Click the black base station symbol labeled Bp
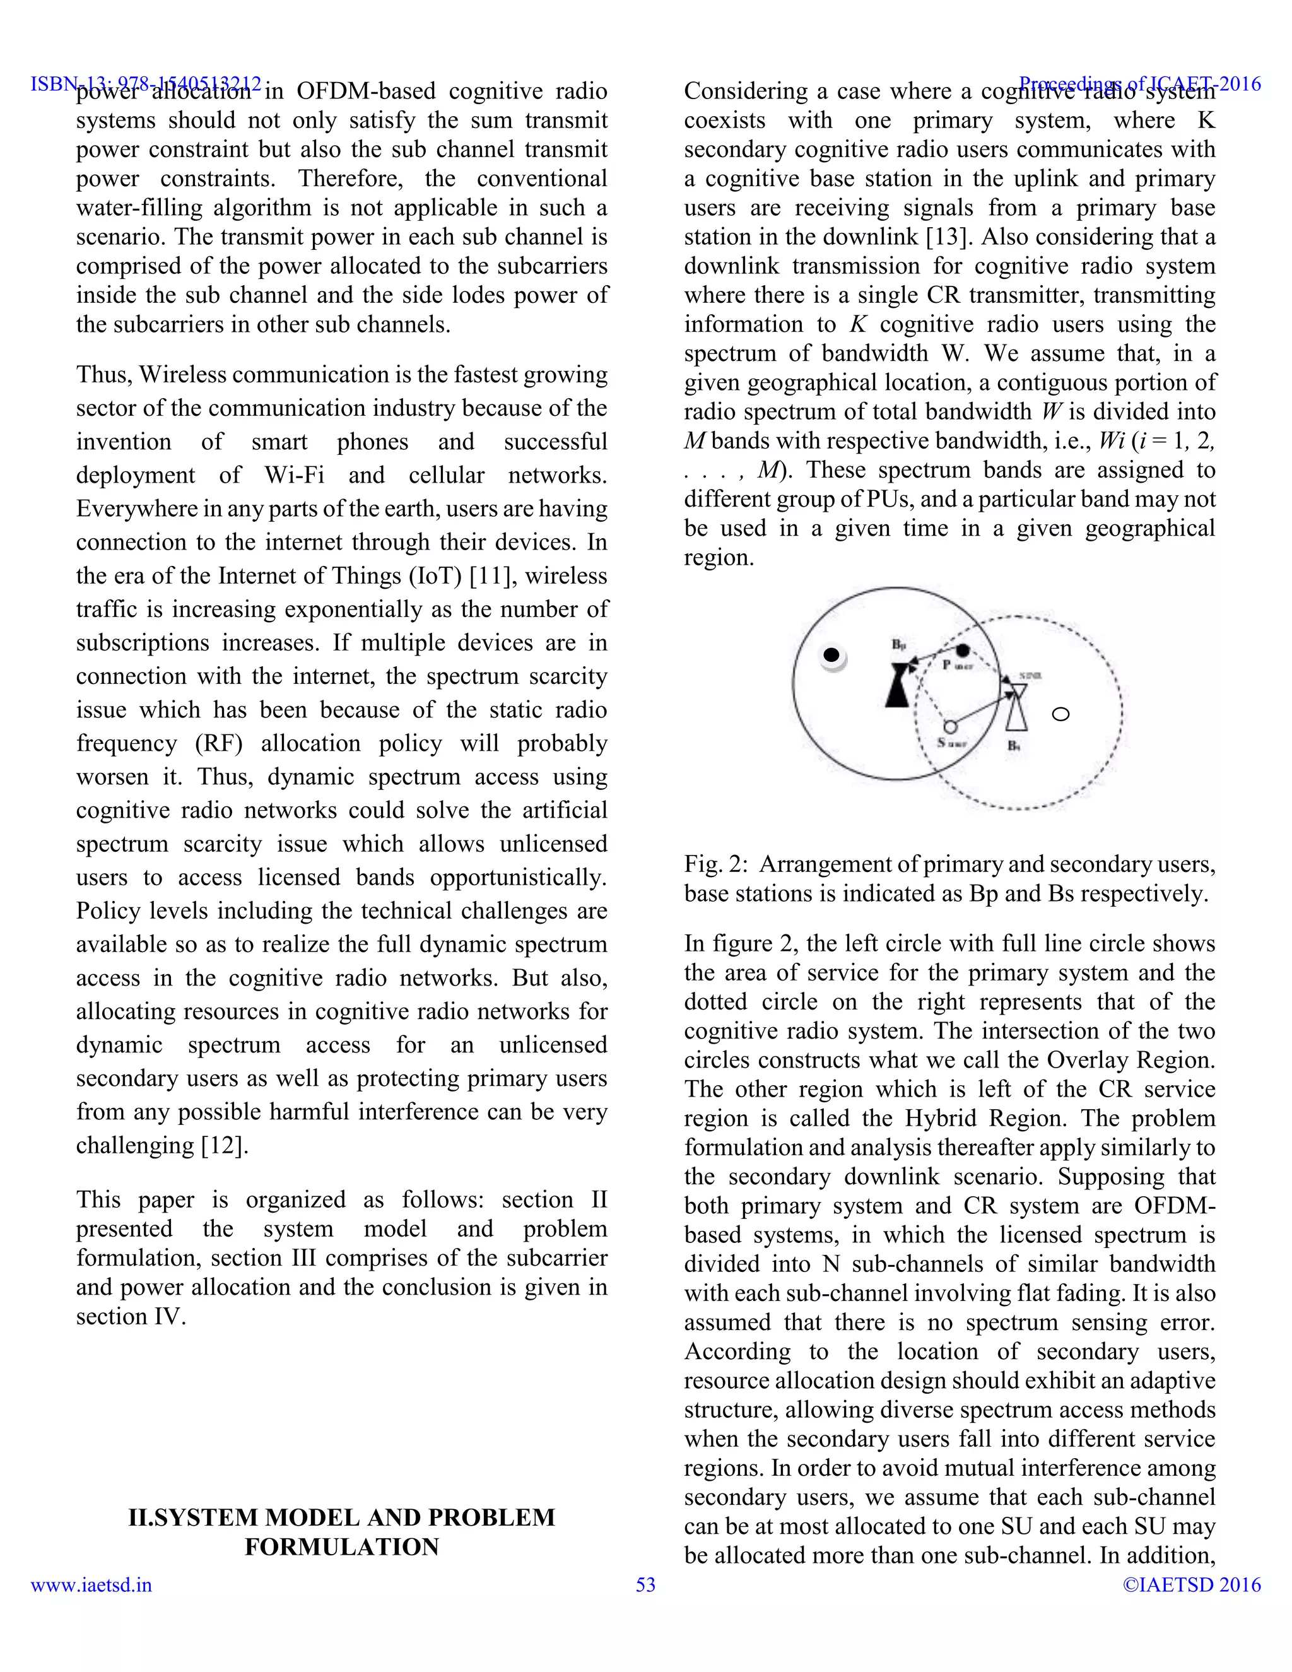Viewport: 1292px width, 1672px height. click(898, 685)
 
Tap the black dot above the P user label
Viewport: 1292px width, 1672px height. click(963, 650)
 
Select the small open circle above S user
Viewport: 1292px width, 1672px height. click(950, 726)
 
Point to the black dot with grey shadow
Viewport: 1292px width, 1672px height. click(831, 656)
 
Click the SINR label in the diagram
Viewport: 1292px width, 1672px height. click(1031, 676)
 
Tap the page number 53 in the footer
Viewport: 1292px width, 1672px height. click(645, 1585)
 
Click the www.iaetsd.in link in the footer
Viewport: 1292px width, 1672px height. click(91, 1585)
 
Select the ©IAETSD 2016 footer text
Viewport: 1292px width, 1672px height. click(1191, 1585)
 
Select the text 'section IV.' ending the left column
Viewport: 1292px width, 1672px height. click(131, 1316)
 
